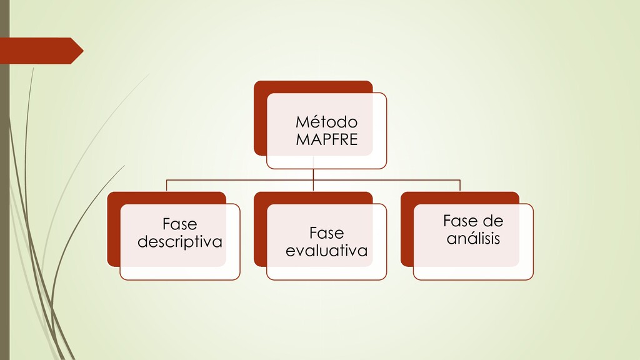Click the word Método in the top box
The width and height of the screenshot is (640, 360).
(326, 121)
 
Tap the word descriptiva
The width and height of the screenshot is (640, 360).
(179, 241)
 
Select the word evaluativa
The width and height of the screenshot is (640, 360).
(326, 251)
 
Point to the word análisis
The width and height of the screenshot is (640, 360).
(473, 238)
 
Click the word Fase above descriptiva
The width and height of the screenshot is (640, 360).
(179, 224)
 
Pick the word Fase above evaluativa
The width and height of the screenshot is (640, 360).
(326, 233)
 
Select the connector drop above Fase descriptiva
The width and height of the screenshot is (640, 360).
(166, 186)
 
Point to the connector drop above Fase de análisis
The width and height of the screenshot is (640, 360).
(460, 186)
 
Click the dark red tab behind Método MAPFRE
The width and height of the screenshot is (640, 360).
(260, 119)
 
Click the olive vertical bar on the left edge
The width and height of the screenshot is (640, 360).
(4, 187)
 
